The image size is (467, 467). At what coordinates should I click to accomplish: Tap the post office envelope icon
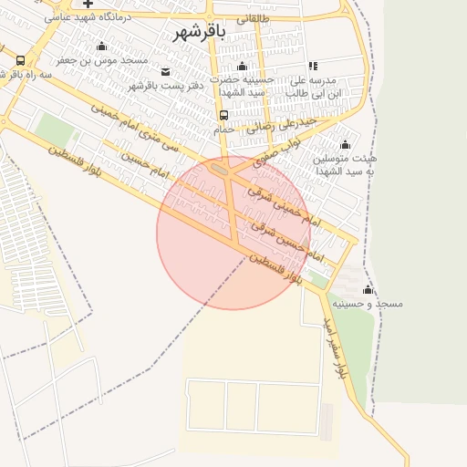pos(164,72)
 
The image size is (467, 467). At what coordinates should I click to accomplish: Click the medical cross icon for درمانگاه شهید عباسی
pos(88,4)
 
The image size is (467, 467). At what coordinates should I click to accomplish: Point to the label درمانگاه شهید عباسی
pos(88,17)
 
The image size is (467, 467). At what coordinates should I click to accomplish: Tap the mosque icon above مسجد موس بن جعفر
pos(101,47)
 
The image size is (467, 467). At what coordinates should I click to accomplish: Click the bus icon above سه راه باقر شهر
pos(20,60)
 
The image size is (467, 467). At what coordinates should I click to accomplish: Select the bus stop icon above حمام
pos(224,115)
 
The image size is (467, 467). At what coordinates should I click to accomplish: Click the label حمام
pos(224,129)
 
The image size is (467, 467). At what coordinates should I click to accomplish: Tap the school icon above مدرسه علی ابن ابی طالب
pos(314,66)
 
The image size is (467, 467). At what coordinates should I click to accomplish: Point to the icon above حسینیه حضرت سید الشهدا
pos(242,66)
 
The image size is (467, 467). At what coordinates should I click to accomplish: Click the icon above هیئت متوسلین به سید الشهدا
pos(345,145)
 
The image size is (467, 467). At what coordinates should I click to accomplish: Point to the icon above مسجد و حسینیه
pos(368,289)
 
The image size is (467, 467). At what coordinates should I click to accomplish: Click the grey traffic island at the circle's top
pos(219,169)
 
